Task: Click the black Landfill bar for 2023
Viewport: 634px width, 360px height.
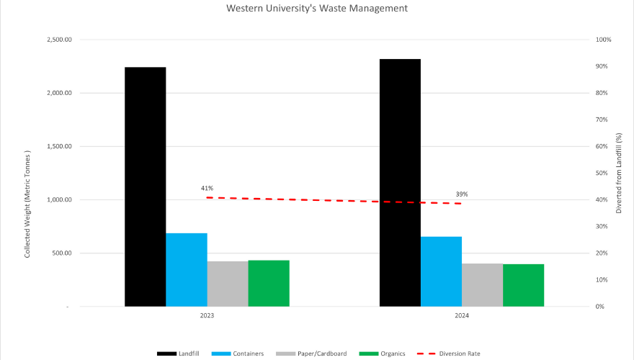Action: pos(145,186)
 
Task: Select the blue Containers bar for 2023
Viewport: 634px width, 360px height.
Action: pos(187,269)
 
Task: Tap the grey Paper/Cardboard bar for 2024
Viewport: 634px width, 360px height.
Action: pos(482,284)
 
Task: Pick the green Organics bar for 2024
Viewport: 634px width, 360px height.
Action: pos(523,285)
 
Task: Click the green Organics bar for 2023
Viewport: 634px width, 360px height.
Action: pos(269,283)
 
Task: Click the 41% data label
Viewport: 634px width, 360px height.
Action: pos(207,189)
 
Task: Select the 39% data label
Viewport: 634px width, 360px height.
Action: pos(462,194)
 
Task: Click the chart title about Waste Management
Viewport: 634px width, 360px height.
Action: pos(317,9)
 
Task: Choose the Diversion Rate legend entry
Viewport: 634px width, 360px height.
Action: pos(455,354)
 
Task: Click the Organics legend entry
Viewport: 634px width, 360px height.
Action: pos(386,354)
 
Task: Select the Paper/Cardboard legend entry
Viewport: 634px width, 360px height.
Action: pos(313,354)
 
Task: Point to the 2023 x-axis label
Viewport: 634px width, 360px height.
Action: pos(207,316)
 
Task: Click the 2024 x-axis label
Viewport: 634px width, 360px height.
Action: pos(462,316)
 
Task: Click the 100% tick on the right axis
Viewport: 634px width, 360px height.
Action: pos(602,40)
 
